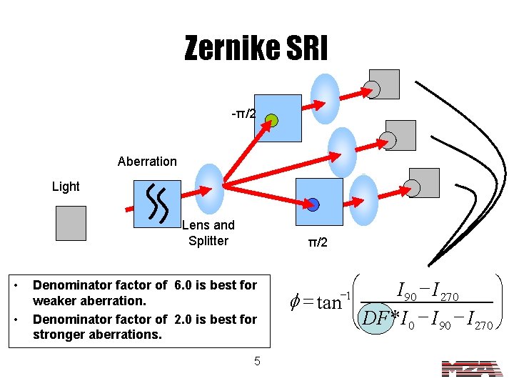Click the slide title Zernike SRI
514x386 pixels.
pos(256,49)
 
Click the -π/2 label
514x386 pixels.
pos(243,114)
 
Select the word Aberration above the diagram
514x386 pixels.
pos(147,162)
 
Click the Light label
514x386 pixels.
pos(66,187)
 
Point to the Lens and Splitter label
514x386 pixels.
pos(208,233)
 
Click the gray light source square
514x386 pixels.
pos(70,223)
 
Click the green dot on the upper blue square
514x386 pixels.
pos(271,121)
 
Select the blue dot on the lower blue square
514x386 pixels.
pos(313,204)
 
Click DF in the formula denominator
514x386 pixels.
pos(373,317)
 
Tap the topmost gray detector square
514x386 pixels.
pos(385,84)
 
